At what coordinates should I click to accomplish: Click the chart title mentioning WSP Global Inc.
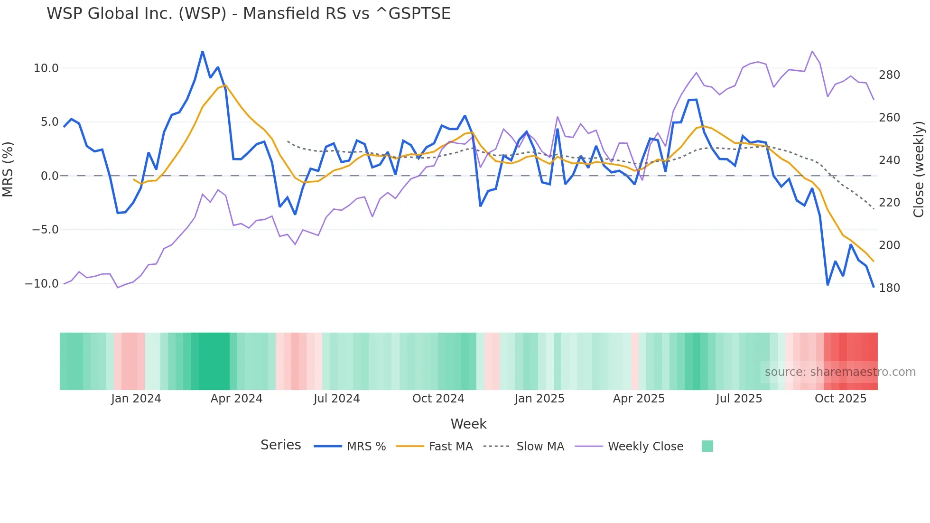click(x=248, y=14)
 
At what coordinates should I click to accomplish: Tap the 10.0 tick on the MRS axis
click(x=46, y=68)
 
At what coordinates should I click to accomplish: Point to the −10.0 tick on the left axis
click(x=42, y=284)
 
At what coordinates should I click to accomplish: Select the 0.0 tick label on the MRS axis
click(x=49, y=176)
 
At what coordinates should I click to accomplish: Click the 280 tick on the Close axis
click(x=889, y=75)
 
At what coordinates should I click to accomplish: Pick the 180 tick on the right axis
click(x=889, y=288)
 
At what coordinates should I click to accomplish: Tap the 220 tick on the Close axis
click(x=889, y=203)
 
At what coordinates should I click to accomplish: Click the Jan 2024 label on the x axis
click(x=136, y=399)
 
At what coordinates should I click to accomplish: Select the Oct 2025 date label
click(x=840, y=399)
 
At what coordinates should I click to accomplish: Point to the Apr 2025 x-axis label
click(x=639, y=399)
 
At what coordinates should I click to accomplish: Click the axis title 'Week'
click(x=468, y=424)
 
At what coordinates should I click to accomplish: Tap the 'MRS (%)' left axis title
click(x=8, y=169)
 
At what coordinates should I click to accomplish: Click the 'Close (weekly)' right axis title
click(x=919, y=169)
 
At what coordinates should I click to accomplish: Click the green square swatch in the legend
click(x=707, y=446)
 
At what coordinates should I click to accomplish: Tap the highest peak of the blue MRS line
click(x=203, y=52)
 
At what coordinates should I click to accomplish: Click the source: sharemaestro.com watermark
click(x=840, y=372)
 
